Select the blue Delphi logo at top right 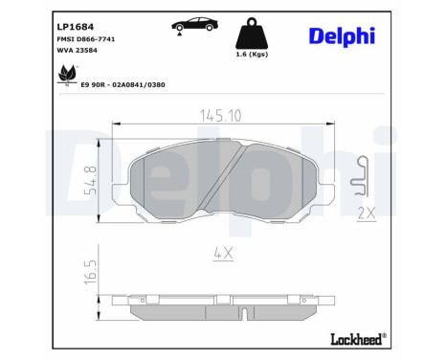click(x=342, y=35)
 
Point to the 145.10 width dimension click(x=222, y=113)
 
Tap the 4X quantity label click(x=223, y=254)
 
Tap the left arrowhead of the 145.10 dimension click(x=117, y=124)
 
